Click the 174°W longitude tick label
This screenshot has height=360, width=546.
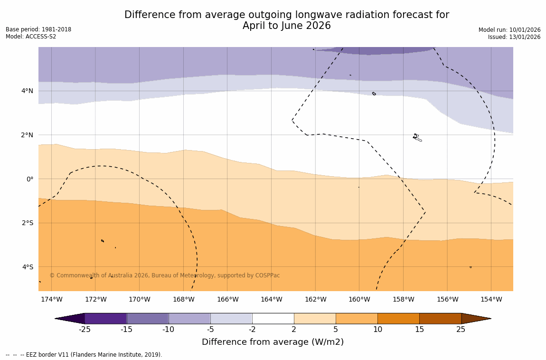coord(51,299)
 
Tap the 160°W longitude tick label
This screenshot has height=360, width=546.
coord(359,299)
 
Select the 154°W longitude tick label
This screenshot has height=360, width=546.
coord(491,299)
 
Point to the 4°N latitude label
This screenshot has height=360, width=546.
coord(28,91)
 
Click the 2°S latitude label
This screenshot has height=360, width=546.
coord(28,223)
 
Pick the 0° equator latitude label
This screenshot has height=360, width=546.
coord(30,179)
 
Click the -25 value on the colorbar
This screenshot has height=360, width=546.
coord(85,330)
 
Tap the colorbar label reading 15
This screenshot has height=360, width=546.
coord(419,330)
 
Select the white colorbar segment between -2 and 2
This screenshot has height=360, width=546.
coord(273,318)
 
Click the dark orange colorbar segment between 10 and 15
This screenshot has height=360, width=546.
coord(398,318)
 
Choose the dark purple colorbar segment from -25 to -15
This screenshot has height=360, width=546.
coord(105,318)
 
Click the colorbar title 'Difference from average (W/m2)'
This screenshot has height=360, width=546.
coord(273,342)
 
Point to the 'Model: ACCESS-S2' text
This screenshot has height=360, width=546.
coord(31,37)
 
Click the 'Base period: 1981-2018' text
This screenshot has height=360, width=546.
coord(38,29)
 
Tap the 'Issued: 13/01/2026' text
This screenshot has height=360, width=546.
coord(514,37)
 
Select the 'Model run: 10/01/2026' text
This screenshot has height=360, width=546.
coord(509,30)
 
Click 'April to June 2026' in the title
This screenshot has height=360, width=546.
coord(286,26)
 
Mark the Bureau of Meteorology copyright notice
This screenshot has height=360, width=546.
coord(164,275)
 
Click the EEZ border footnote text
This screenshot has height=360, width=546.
coord(84,355)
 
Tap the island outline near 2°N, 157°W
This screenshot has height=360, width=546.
coord(417,138)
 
